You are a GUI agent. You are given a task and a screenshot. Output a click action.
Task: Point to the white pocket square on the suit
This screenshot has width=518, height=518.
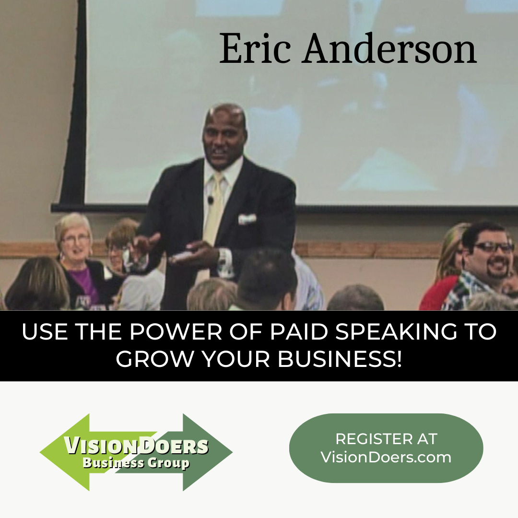[247, 219]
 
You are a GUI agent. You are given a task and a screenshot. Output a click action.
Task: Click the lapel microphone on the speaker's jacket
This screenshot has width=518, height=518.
[210, 200]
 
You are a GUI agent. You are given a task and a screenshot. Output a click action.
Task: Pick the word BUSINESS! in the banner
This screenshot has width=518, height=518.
[340, 359]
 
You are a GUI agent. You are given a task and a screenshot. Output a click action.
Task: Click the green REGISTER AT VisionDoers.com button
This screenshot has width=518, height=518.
[386, 447]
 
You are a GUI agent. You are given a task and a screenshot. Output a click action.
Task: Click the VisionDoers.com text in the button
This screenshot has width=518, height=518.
[386, 457]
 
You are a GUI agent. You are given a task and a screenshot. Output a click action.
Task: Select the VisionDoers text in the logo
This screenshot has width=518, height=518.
[136, 446]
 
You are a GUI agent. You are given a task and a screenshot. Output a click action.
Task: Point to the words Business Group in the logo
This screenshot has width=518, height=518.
[136, 463]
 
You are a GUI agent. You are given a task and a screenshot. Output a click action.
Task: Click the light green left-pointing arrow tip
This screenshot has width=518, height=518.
[48, 452]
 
